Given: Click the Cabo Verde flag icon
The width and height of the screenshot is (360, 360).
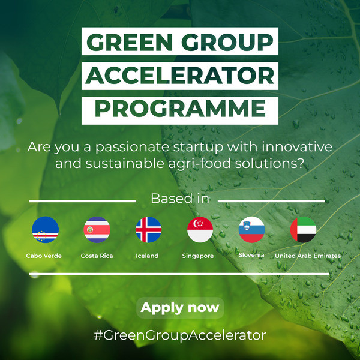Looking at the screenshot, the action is pyautogui.click(x=45, y=230).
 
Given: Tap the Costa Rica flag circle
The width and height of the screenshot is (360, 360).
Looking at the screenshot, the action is pyautogui.click(x=97, y=230).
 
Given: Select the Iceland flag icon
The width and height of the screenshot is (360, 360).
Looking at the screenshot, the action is pyautogui.click(x=149, y=230).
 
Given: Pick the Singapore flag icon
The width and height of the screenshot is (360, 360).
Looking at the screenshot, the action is pyautogui.click(x=200, y=230).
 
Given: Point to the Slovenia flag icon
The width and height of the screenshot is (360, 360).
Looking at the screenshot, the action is pyautogui.click(x=252, y=230).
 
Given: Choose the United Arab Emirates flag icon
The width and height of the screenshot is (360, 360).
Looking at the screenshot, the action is pyautogui.click(x=303, y=230).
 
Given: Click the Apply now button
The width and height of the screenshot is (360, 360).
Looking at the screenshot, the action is pyautogui.click(x=180, y=308).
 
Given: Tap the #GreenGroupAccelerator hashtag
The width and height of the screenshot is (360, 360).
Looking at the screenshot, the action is pyautogui.click(x=180, y=335).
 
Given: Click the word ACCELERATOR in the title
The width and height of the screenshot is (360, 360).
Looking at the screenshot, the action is pyautogui.click(x=180, y=76).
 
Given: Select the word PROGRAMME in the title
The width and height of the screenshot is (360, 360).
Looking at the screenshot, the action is pyautogui.click(x=180, y=109).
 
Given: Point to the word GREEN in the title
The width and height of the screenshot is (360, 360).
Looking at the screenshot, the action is pyautogui.click(x=130, y=42).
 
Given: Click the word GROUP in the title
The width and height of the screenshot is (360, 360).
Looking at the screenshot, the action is pyautogui.click(x=227, y=42).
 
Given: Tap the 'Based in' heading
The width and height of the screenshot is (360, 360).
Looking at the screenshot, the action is pyautogui.click(x=180, y=199).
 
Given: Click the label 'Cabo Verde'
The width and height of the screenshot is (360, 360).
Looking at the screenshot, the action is pyautogui.click(x=44, y=256).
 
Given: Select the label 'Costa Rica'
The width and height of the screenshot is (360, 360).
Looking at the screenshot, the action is pyautogui.click(x=97, y=256).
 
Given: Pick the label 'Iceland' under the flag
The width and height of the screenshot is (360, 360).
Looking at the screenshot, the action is pyautogui.click(x=147, y=256).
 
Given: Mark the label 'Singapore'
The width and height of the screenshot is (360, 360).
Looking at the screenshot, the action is pyautogui.click(x=198, y=256).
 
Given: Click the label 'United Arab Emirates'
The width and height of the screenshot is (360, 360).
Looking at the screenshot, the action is pyautogui.click(x=308, y=256).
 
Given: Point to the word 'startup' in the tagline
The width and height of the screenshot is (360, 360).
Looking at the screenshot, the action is pyautogui.click(x=199, y=147).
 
